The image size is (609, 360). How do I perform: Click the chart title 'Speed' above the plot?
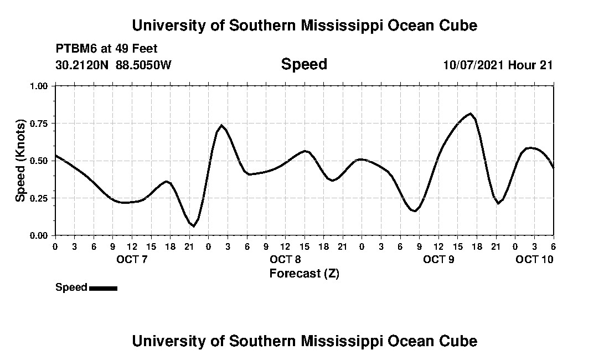[304, 64]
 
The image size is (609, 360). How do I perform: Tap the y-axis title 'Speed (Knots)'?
[20, 161]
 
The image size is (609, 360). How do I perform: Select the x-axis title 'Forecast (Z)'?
[304, 273]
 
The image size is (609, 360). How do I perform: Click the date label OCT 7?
[132, 259]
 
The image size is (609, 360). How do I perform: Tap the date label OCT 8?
[286, 259]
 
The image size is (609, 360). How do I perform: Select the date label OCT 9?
[438, 259]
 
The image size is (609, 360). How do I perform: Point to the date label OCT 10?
[534, 259]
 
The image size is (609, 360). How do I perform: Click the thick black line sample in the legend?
[103, 288]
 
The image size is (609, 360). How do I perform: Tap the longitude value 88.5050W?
[143, 65]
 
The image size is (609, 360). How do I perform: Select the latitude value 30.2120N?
[83, 65]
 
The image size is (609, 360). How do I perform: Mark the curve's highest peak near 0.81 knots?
[470, 114]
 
